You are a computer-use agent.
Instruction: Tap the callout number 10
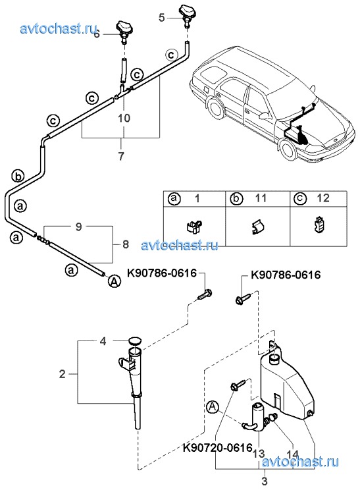click(124, 118)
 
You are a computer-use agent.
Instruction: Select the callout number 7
click(121, 155)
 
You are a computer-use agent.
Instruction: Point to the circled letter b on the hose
click(18, 177)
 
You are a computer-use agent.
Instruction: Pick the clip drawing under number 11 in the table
click(257, 227)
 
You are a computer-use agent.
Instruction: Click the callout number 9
click(79, 227)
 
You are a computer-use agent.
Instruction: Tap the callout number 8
click(126, 244)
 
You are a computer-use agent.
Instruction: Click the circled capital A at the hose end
click(115, 282)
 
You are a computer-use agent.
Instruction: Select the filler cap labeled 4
click(135, 341)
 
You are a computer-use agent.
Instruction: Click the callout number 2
click(63, 373)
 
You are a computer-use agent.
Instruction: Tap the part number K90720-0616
click(217, 447)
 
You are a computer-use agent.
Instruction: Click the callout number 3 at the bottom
click(264, 480)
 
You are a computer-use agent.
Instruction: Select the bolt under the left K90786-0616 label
click(205, 294)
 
